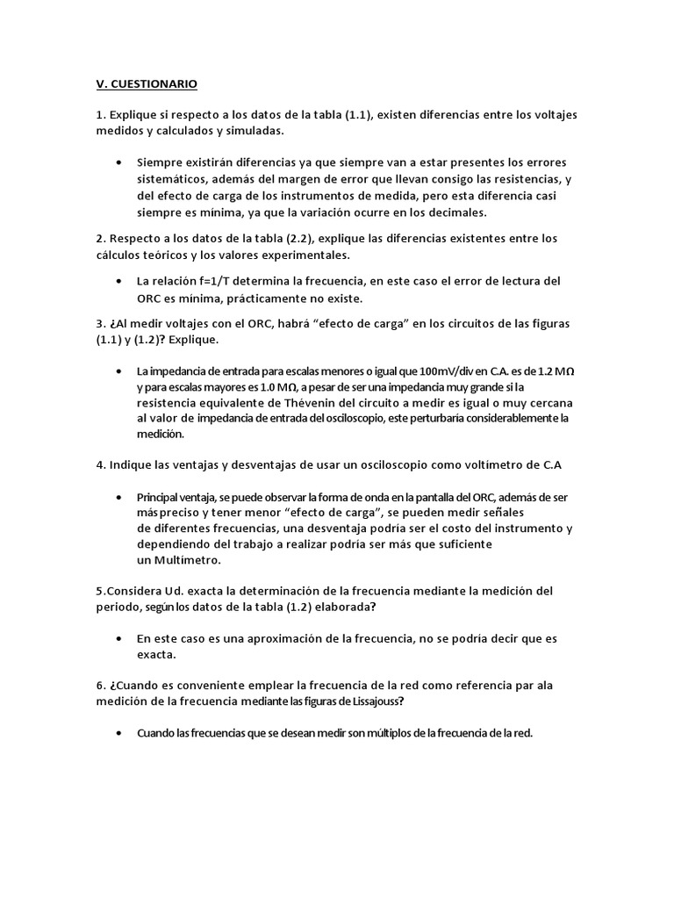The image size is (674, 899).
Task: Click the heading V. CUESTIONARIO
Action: pos(147,84)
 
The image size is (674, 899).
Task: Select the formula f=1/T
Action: pos(219,281)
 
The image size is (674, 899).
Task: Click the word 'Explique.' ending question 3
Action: pos(189,340)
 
